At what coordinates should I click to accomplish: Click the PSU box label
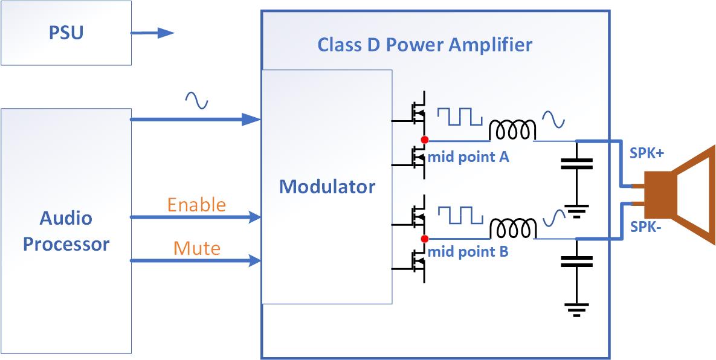66,32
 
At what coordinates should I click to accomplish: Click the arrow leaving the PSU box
152,33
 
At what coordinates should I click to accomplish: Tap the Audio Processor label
66,231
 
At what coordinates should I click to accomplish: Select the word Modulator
327,186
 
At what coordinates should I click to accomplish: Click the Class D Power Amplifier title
425,45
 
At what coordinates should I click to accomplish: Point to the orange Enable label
196,204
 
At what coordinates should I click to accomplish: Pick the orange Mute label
197,248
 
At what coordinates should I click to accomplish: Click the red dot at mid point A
424,140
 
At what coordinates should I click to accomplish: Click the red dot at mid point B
424,238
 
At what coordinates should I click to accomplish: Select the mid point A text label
468,157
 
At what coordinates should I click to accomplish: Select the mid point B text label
468,252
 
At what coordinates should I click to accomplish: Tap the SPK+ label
647,153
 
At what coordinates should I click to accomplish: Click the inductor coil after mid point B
512,228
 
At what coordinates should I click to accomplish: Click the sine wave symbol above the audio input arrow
196,100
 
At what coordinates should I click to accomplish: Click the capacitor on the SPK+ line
576,163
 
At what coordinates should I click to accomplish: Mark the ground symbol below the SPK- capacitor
576,310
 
